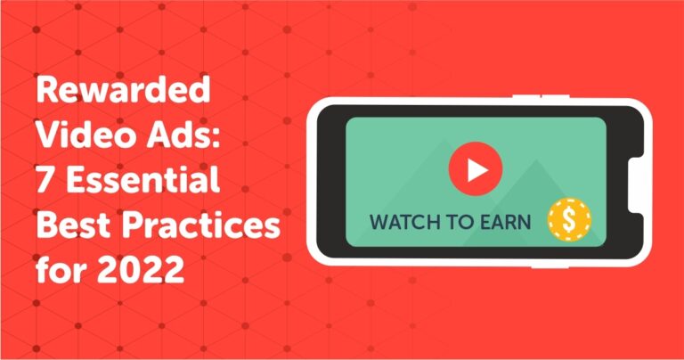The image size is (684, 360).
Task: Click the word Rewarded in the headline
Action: (x=124, y=89)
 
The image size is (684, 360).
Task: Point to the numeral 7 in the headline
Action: (x=45, y=179)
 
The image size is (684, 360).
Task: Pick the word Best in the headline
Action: (x=73, y=225)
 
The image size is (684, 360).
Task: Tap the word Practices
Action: (x=201, y=225)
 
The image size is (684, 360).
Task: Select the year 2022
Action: (x=141, y=270)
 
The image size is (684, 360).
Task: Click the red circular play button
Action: (x=476, y=169)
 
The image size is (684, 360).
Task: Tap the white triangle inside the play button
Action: (x=477, y=169)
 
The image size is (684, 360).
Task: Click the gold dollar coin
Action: (x=569, y=219)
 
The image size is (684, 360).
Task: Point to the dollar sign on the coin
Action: (x=569, y=219)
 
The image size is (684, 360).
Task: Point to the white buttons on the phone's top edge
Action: (x=541, y=96)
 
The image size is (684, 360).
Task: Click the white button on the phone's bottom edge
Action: (x=550, y=266)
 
